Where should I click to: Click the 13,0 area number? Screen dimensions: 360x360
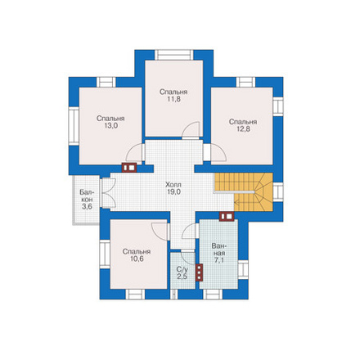110,126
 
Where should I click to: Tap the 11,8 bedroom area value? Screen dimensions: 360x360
173,99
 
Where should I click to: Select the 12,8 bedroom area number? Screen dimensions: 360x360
243,129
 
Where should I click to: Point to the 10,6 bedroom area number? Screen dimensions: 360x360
137,259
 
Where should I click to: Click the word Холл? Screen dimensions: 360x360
173,185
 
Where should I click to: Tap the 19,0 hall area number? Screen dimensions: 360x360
173,191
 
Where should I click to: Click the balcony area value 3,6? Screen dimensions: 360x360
87,206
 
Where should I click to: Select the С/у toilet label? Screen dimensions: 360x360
182,269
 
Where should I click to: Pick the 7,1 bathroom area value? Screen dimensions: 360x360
218,260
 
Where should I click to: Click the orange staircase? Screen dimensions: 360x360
244,192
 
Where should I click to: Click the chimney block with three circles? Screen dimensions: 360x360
200,272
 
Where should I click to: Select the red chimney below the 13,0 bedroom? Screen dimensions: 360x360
129,168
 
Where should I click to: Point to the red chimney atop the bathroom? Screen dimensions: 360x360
227,216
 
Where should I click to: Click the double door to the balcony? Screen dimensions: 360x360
108,194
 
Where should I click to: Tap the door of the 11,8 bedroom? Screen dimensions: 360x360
191,130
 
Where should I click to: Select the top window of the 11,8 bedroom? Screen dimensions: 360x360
174,55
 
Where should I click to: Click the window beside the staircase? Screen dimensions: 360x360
278,192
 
